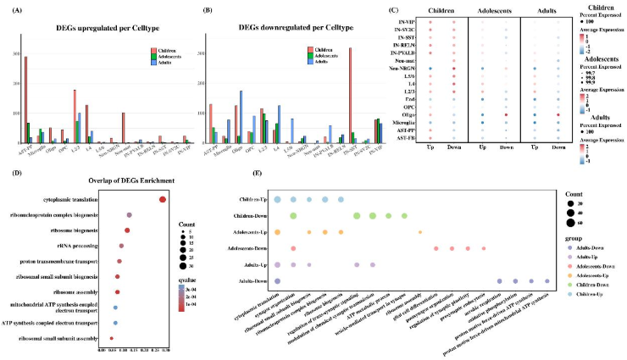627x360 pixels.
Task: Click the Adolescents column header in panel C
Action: tap(494, 11)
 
